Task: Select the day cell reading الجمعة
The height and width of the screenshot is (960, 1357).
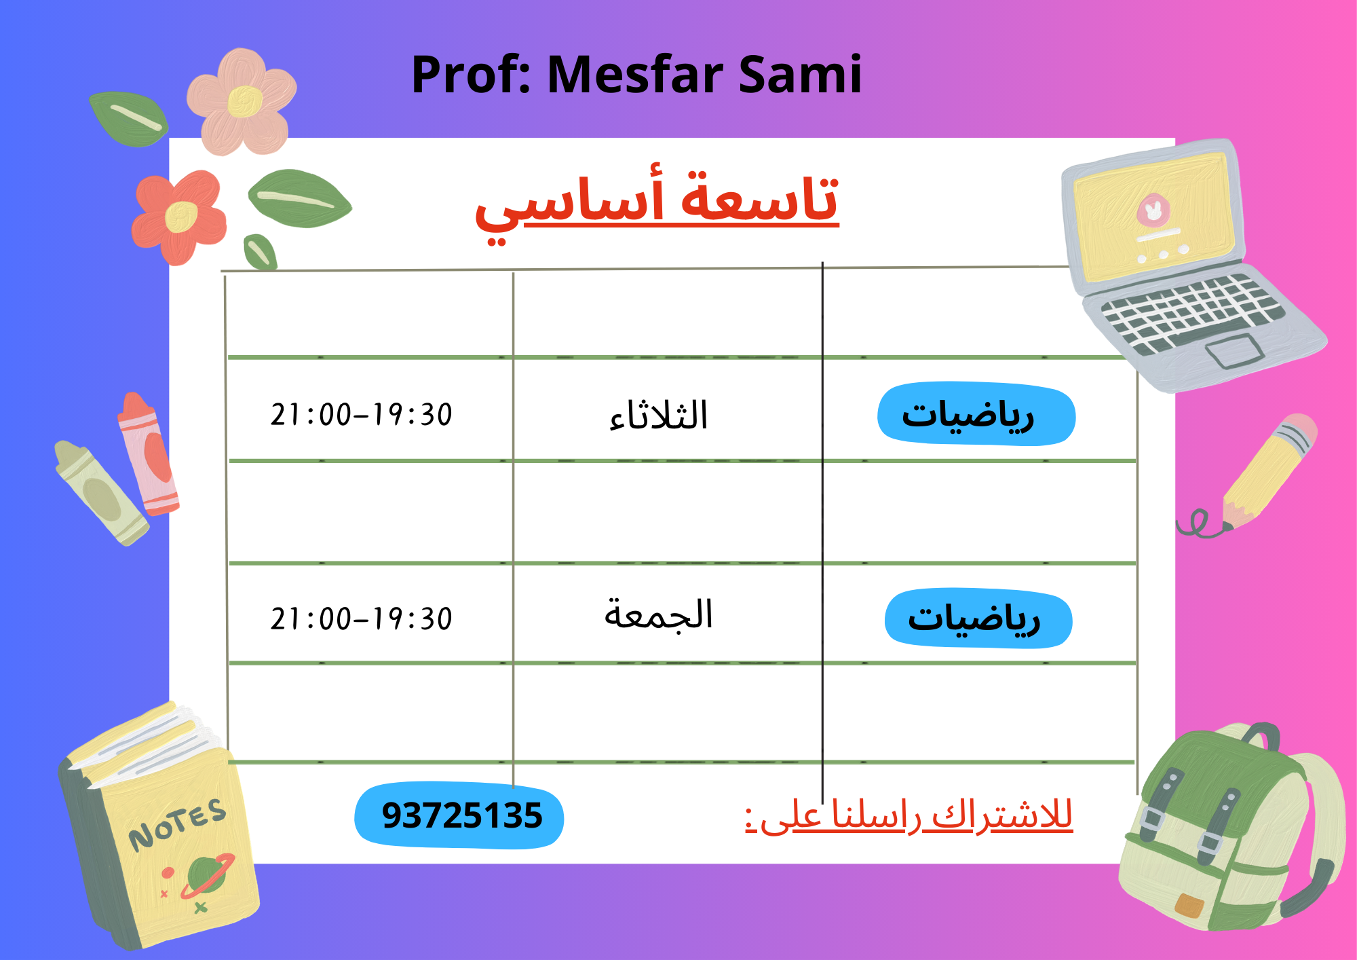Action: (658, 615)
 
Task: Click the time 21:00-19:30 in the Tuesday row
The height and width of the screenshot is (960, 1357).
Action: (361, 415)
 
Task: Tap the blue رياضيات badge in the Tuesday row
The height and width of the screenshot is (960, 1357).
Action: (976, 414)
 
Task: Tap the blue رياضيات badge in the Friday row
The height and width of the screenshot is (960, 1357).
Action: (978, 619)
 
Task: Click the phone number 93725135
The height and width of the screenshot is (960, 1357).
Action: (461, 815)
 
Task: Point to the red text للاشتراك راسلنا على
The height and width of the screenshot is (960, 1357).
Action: (909, 815)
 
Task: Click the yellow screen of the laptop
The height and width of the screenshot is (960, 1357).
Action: (1153, 217)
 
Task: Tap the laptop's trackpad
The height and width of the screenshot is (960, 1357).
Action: (1234, 352)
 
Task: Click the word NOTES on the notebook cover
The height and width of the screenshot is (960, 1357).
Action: (178, 824)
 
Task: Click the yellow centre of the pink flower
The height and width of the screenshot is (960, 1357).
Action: (244, 102)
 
